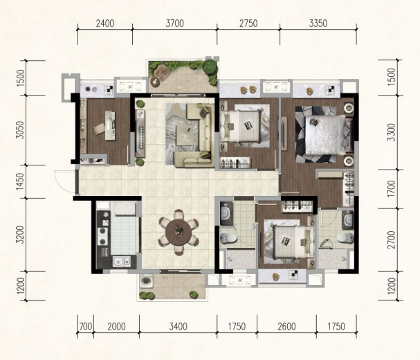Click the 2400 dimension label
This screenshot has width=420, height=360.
(105, 24)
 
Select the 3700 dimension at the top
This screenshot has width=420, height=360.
(174, 24)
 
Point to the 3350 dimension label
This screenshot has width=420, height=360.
(318, 24)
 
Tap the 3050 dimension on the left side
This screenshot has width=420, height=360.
(20, 130)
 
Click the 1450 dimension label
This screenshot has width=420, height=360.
(20, 181)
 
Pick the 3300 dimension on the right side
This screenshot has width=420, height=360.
(392, 132)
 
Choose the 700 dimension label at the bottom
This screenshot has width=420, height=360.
(86, 327)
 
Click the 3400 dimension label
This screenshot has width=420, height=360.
(178, 327)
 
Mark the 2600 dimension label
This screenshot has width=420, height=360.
(286, 327)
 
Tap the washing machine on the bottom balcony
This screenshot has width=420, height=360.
(146, 281)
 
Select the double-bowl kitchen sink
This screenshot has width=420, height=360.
(121, 262)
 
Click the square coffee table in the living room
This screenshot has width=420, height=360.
(185, 135)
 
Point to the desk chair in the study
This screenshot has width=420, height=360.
(98, 128)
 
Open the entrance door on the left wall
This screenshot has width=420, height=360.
(65, 182)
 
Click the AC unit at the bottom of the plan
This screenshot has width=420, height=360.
(239, 280)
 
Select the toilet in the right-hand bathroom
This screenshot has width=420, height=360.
(345, 237)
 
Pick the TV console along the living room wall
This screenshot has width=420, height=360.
(140, 133)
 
